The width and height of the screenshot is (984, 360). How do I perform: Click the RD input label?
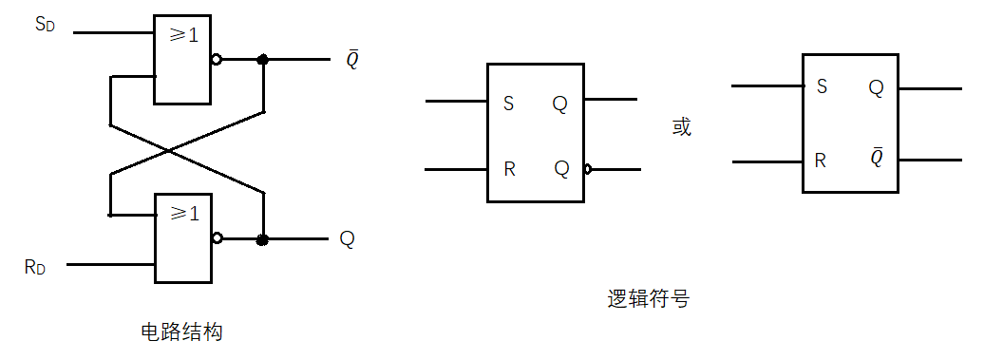pos(35,267)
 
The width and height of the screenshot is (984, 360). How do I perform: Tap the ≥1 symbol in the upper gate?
pos(182,36)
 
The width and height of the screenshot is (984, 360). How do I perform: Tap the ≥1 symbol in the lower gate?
pos(182,215)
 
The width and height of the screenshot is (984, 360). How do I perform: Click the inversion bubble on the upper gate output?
pos(217,60)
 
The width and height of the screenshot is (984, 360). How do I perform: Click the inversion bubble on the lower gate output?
pos(217,239)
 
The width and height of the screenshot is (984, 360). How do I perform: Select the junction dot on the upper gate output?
pos(263,60)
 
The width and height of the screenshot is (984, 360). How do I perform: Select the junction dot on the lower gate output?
pos(263,239)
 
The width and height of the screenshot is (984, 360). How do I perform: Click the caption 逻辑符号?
pos(648,300)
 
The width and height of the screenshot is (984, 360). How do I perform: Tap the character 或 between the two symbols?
pos(682,127)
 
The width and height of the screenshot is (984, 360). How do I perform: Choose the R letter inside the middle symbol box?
pos(509,170)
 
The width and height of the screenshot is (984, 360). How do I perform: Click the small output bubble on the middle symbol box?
pos(588,170)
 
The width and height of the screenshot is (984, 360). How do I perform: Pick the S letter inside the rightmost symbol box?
pos(822,87)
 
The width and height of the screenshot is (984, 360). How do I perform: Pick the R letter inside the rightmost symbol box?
pos(821,160)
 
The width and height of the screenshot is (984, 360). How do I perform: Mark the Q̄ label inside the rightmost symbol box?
pos(876,158)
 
